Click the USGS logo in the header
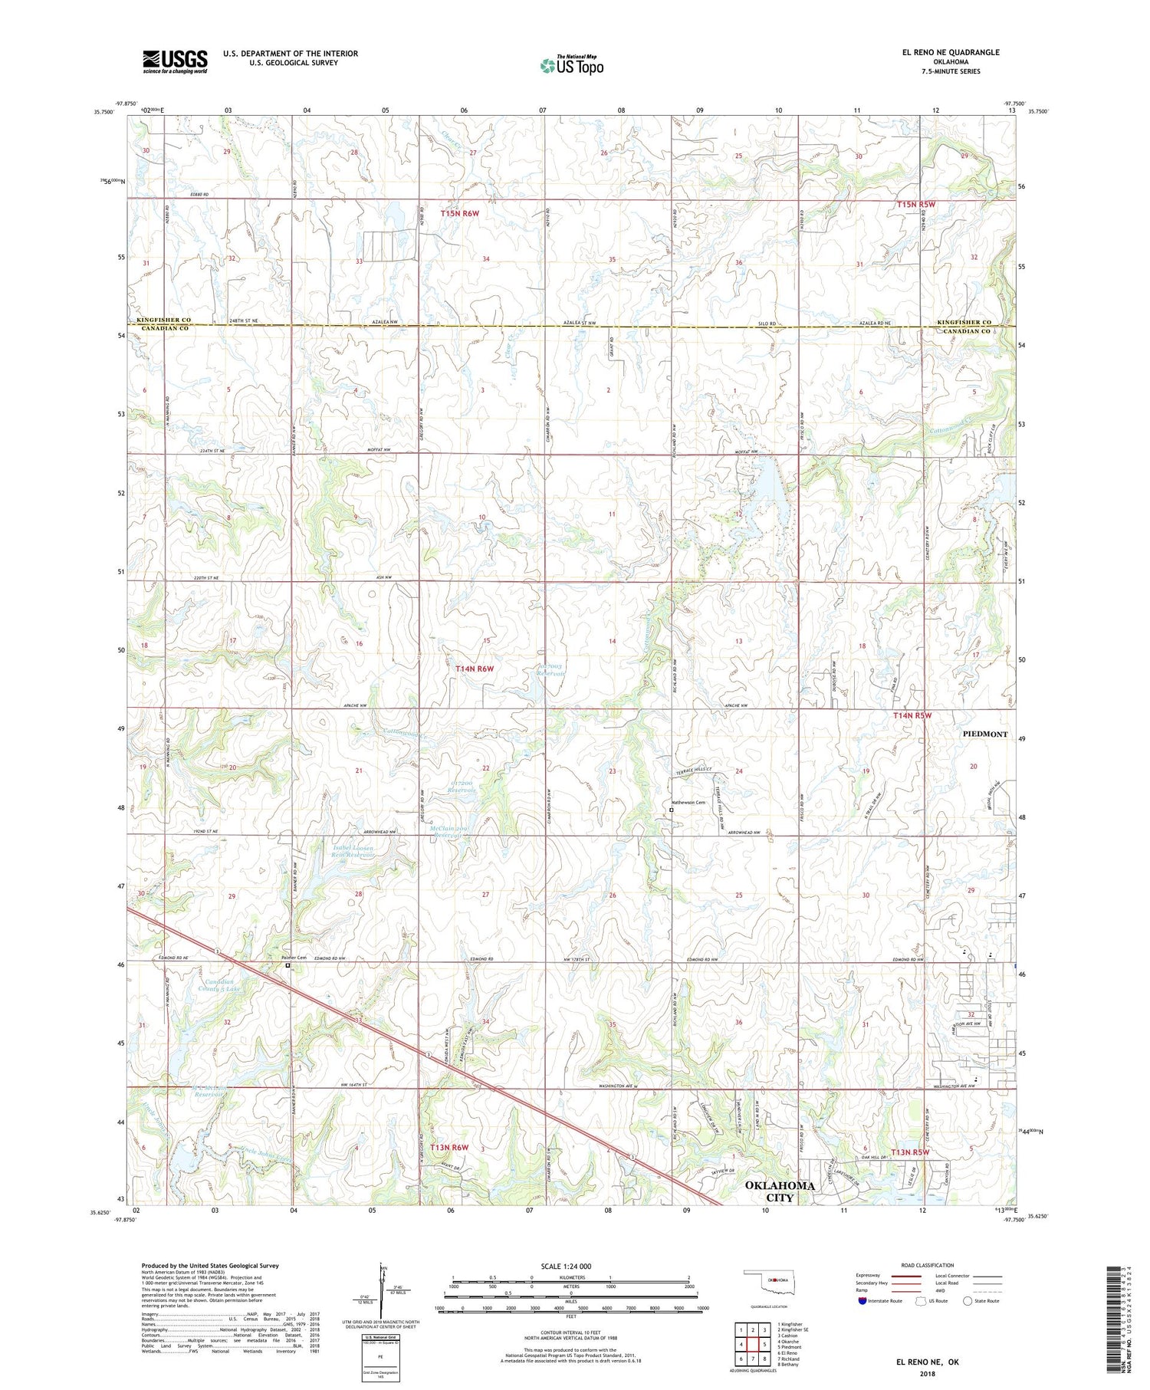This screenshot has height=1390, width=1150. [175, 61]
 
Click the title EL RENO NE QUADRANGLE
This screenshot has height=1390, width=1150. [951, 52]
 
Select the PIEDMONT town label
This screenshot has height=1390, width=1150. [984, 734]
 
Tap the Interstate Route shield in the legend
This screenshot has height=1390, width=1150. [863, 1300]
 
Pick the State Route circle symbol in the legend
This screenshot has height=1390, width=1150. [968, 1300]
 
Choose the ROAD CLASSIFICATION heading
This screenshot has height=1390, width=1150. [928, 1265]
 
